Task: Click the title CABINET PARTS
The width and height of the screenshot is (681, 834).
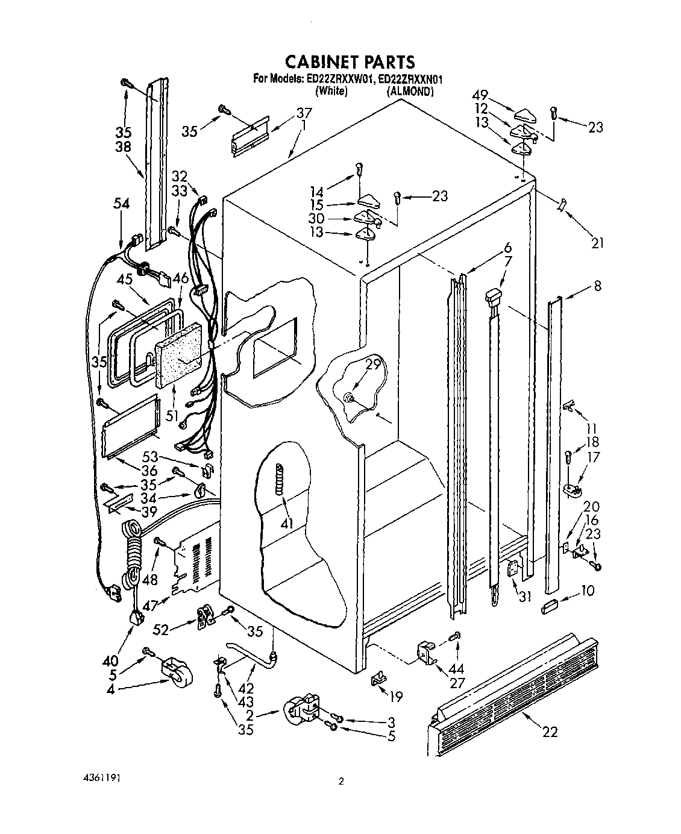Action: [350, 61]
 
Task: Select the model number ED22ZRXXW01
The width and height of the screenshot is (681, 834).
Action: [339, 78]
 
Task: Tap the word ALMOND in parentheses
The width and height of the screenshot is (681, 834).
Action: [409, 91]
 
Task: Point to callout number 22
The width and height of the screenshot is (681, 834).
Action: [550, 732]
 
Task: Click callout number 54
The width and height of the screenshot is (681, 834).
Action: [121, 205]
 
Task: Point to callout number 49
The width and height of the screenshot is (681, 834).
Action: [480, 95]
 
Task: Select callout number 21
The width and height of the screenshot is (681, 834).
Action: [596, 243]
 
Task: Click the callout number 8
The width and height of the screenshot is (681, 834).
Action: [597, 287]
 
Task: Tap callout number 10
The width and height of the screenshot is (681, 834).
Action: [588, 591]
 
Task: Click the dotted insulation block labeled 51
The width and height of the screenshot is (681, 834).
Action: [180, 357]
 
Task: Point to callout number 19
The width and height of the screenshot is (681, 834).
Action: [395, 698]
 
